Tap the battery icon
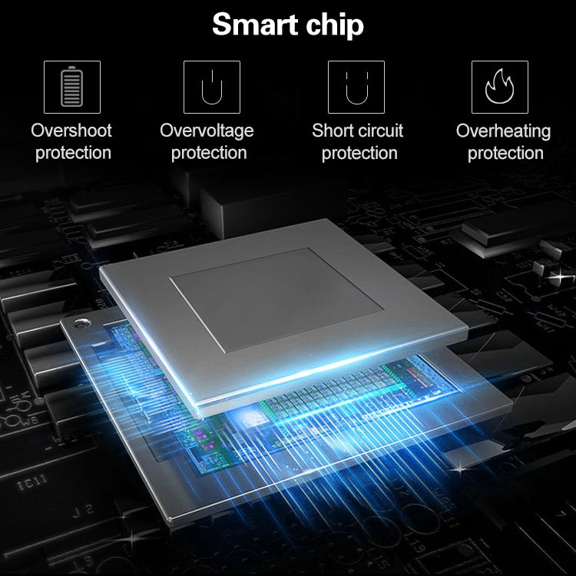coord(72,87)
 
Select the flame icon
coord(500,87)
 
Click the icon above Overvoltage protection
coord(212,87)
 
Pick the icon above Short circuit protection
coord(356,87)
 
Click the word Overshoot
coord(71,131)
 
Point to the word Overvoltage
coord(207,131)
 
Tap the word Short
coord(332,131)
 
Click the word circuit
coord(380,131)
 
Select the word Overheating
coord(503,131)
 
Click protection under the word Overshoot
coord(73,154)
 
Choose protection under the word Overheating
coord(505,154)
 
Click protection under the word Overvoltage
coord(209,154)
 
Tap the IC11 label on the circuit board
coord(32,482)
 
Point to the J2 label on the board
coord(83,511)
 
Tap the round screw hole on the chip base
coord(82,323)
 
